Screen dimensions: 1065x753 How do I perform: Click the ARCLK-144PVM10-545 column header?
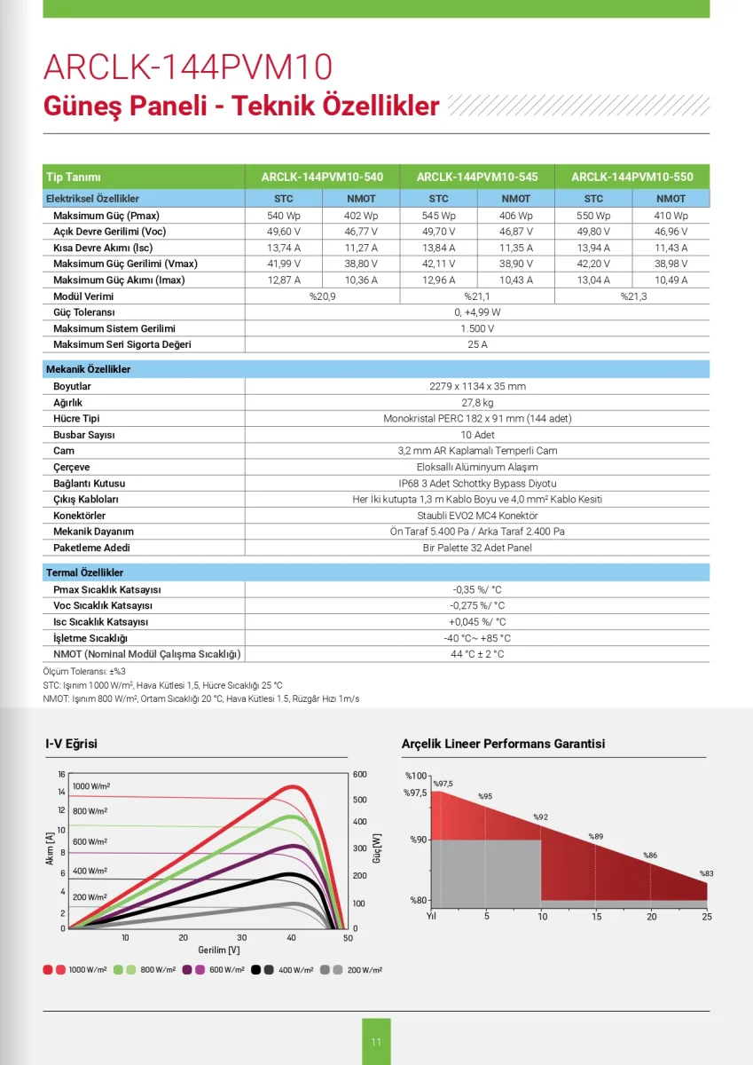tap(477, 177)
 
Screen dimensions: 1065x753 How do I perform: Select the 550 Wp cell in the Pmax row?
tap(593, 216)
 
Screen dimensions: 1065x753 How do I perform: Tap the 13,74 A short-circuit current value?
tap(284, 248)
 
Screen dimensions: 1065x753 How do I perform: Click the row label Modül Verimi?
tap(82, 296)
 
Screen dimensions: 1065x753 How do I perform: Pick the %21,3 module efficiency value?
tap(632, 296)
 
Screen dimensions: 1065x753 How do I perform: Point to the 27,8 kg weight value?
tap(477, 403)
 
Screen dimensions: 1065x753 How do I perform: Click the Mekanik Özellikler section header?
tap(89, 369)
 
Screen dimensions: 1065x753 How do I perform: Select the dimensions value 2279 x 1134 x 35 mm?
tap(477, 387)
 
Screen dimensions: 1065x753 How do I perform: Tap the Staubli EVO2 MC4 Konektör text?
tap(477, 516)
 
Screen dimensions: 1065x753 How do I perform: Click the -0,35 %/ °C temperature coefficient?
tap(477, 590)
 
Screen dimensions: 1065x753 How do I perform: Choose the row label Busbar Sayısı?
tap(84, 435)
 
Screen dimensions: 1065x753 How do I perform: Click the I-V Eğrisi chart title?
tap(71, 744)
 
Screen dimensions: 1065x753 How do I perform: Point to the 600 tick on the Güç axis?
tap(359, 774)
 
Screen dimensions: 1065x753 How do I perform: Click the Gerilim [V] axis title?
tap(218, 950)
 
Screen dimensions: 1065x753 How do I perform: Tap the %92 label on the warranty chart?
tap(540, 816)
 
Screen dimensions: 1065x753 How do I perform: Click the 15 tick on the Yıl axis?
tap(596, 916)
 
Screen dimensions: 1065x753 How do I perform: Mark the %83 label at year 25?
tap(706, 873)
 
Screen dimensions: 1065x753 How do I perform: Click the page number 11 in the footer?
tap(376, 1042)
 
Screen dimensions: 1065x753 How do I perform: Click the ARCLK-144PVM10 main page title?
tap(187, 68)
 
